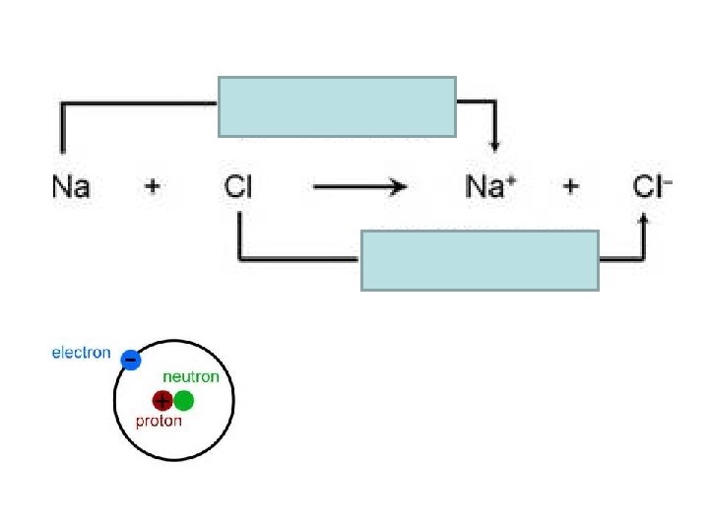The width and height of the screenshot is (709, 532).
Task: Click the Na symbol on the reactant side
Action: pos(71,186)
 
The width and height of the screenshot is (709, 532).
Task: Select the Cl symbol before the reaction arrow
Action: pos(238,186)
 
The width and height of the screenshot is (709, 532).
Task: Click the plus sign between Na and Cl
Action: pos(152,186)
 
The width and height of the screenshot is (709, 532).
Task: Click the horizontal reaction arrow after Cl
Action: pos(358,186)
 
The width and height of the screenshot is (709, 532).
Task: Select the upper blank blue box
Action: pos(337,106)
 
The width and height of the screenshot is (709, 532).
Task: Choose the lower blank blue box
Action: pos(480,260)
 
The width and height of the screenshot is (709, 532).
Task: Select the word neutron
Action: pos(190,376)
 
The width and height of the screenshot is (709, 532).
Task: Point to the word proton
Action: pos(159,421)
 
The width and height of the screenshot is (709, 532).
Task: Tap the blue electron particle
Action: pos(130,361)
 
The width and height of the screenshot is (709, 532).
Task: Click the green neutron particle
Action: pos(183,400)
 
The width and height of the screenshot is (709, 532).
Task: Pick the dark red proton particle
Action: pos(161,400)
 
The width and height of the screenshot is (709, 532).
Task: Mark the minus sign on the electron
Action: pos(130,361)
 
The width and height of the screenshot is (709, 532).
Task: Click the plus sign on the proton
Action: pos(161,400)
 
